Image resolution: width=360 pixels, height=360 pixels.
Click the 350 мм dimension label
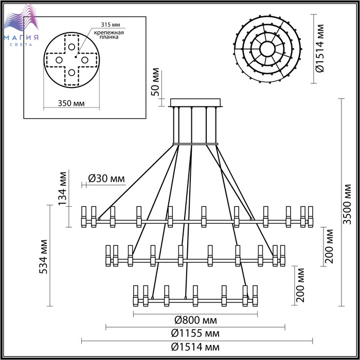[x=71, y=103]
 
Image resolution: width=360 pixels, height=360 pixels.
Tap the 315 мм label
[x=111, y=25]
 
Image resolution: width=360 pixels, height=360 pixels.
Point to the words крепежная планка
[x=109, y=34]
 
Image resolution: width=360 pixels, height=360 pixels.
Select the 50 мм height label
[x=155, y=82]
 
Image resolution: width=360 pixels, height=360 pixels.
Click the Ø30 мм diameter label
[x=106, y=178]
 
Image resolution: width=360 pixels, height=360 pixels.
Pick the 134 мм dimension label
[x=62, y=189]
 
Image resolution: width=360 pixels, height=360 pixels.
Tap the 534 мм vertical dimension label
[x=43, y=257]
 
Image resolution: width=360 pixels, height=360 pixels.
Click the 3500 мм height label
[x=347, y=204]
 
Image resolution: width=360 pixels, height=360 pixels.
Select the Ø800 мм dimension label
[x=195, y=320]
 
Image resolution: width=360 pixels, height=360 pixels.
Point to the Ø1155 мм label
[x=195, y=333]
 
